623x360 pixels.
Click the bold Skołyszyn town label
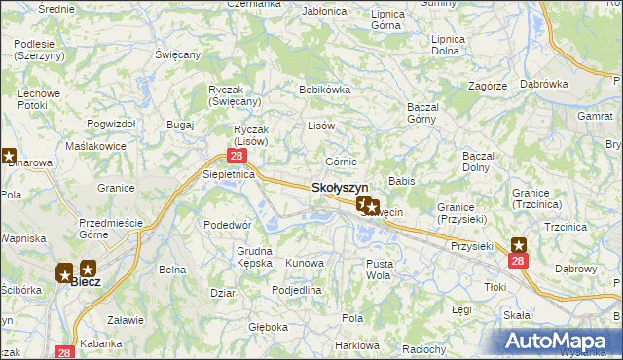[x=339, y=188]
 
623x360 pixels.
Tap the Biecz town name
[x=86, y=283]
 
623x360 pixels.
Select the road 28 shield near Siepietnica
[x=237, y=156]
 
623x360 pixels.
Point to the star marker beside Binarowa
[x=8, y=155]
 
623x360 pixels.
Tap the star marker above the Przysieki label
[x=518, y=245]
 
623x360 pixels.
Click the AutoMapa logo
[x=559, y=340]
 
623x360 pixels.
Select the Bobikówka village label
[x=324, y=90]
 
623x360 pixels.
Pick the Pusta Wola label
[x=379, y=269]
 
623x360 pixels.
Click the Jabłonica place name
[x=325, y=12]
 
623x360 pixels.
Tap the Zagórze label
[x=487, y=86]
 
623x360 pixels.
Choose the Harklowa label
[x=355, y=345]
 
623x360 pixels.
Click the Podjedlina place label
[x=296, y=290]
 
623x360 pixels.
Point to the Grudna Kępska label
[x=254, y=256]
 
